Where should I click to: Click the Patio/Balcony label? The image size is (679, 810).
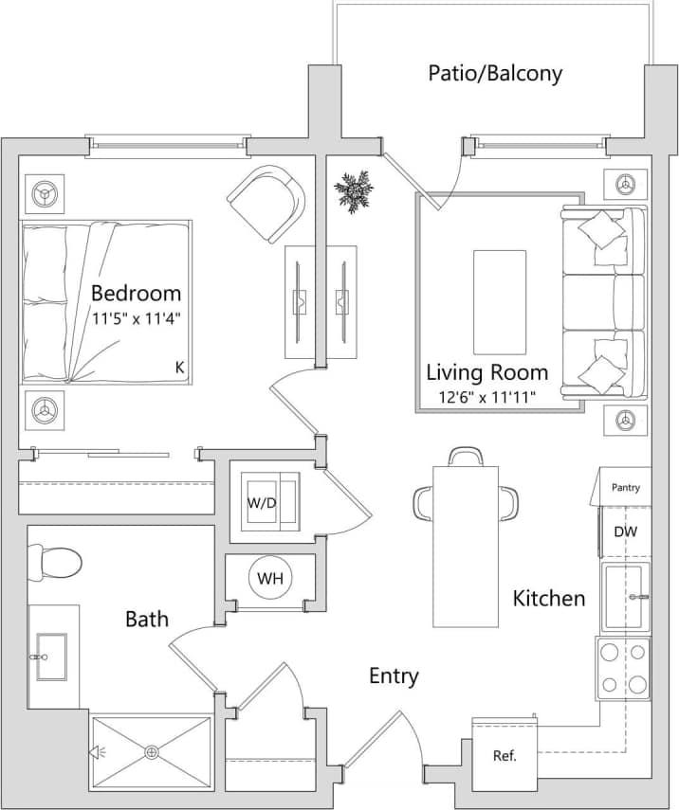point(495,73)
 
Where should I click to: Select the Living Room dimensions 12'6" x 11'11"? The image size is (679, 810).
point(486,397)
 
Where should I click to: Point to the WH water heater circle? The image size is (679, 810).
point(270,578)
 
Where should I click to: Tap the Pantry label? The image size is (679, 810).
point(625,488)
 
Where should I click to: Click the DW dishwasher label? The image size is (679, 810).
point(625,532)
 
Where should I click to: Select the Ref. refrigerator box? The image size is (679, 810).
point(505,755)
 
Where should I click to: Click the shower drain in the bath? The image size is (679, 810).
point(152,753)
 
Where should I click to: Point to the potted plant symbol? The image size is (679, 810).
point(354,191)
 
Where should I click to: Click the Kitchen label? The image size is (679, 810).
point(549,598)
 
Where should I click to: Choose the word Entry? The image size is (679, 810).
point(394,675)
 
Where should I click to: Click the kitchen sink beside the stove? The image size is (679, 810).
point(625,597)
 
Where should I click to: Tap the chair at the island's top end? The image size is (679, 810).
point(466,457)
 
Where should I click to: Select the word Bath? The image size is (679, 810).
point(147,619)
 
